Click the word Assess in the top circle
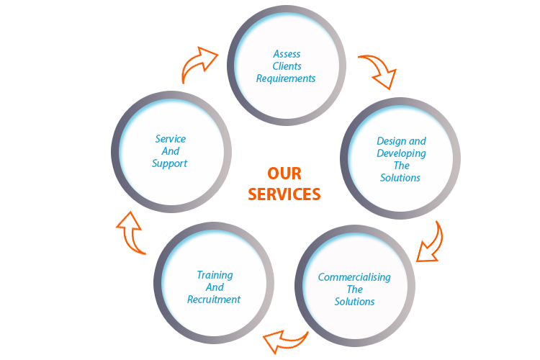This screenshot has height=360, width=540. point(287,54)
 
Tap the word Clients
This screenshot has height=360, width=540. point(287,66)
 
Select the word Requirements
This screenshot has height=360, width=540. point(286,78)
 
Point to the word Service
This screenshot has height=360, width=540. point(171,139)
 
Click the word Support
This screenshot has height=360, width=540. point(170,163)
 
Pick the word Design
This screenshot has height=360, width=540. point(391,141)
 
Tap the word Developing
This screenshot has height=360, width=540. point(401,153)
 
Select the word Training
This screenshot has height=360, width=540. point(215,275)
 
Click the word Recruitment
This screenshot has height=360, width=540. point(214,300)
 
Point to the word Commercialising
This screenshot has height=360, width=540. point(354,277)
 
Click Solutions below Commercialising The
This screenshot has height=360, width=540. point(354,302)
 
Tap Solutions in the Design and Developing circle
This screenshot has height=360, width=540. point(401,178)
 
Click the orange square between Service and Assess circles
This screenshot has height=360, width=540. point(199,65)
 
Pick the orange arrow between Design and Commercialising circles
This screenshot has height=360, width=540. point(431,243)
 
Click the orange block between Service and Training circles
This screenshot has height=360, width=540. point(135,233)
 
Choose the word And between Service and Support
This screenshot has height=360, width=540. point(171,151)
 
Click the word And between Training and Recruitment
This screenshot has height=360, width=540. point(215,287)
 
